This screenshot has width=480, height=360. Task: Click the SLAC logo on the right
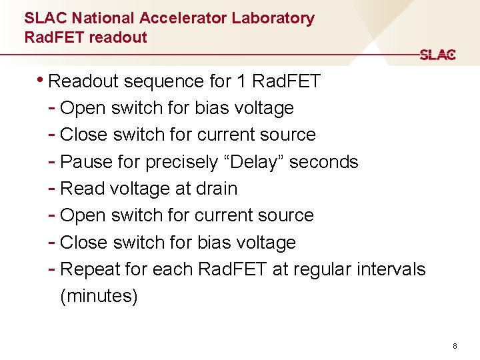click(x=437, y=55)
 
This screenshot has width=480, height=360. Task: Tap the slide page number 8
click(x=454, y=346)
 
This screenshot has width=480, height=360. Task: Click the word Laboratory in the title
click(x=273, y=18)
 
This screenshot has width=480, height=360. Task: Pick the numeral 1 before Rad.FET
click(x=240, y=81)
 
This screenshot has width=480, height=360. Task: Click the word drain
click(x=217, y=189)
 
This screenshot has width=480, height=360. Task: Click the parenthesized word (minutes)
click(x=99, y=296)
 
